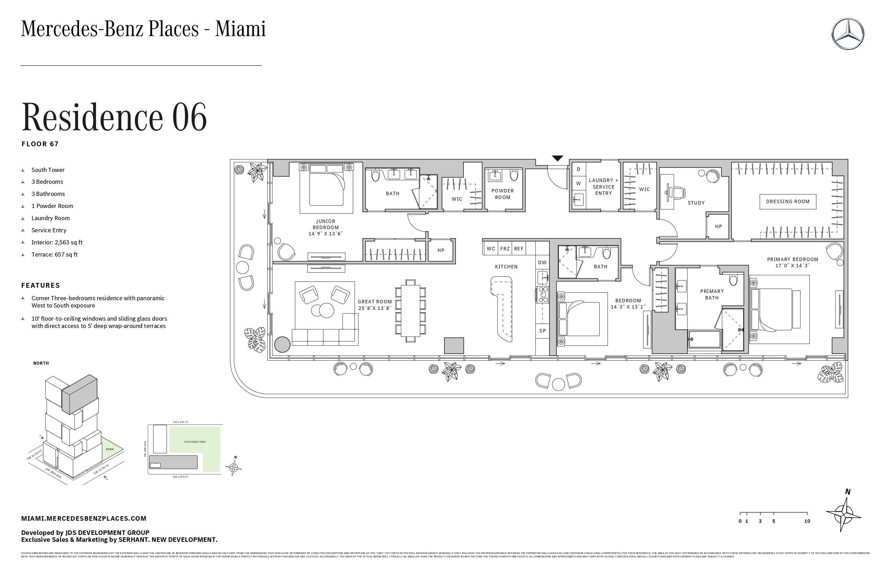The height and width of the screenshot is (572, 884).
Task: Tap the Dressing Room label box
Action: (787, 201)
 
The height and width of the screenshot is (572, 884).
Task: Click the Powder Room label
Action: (503, 194)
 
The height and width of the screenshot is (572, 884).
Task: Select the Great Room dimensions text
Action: (374, 308)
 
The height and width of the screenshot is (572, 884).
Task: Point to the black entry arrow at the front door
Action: (557, 158)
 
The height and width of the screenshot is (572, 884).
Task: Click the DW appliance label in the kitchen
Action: (542, 262)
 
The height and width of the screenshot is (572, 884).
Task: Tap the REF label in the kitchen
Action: (519, 249)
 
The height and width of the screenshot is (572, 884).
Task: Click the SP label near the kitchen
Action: (542, 331)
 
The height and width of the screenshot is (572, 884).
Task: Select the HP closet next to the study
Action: (718, 226)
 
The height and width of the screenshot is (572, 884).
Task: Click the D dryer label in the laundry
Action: (578, 170)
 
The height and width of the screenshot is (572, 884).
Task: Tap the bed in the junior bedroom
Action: (326, 188)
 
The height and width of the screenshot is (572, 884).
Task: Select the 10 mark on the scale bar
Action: (807, 521)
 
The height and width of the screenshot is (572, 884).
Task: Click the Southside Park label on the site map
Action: (194, 442)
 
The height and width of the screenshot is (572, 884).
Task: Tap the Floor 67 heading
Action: (40, 144)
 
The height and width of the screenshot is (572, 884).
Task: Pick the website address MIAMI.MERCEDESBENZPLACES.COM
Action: (84, 519)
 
